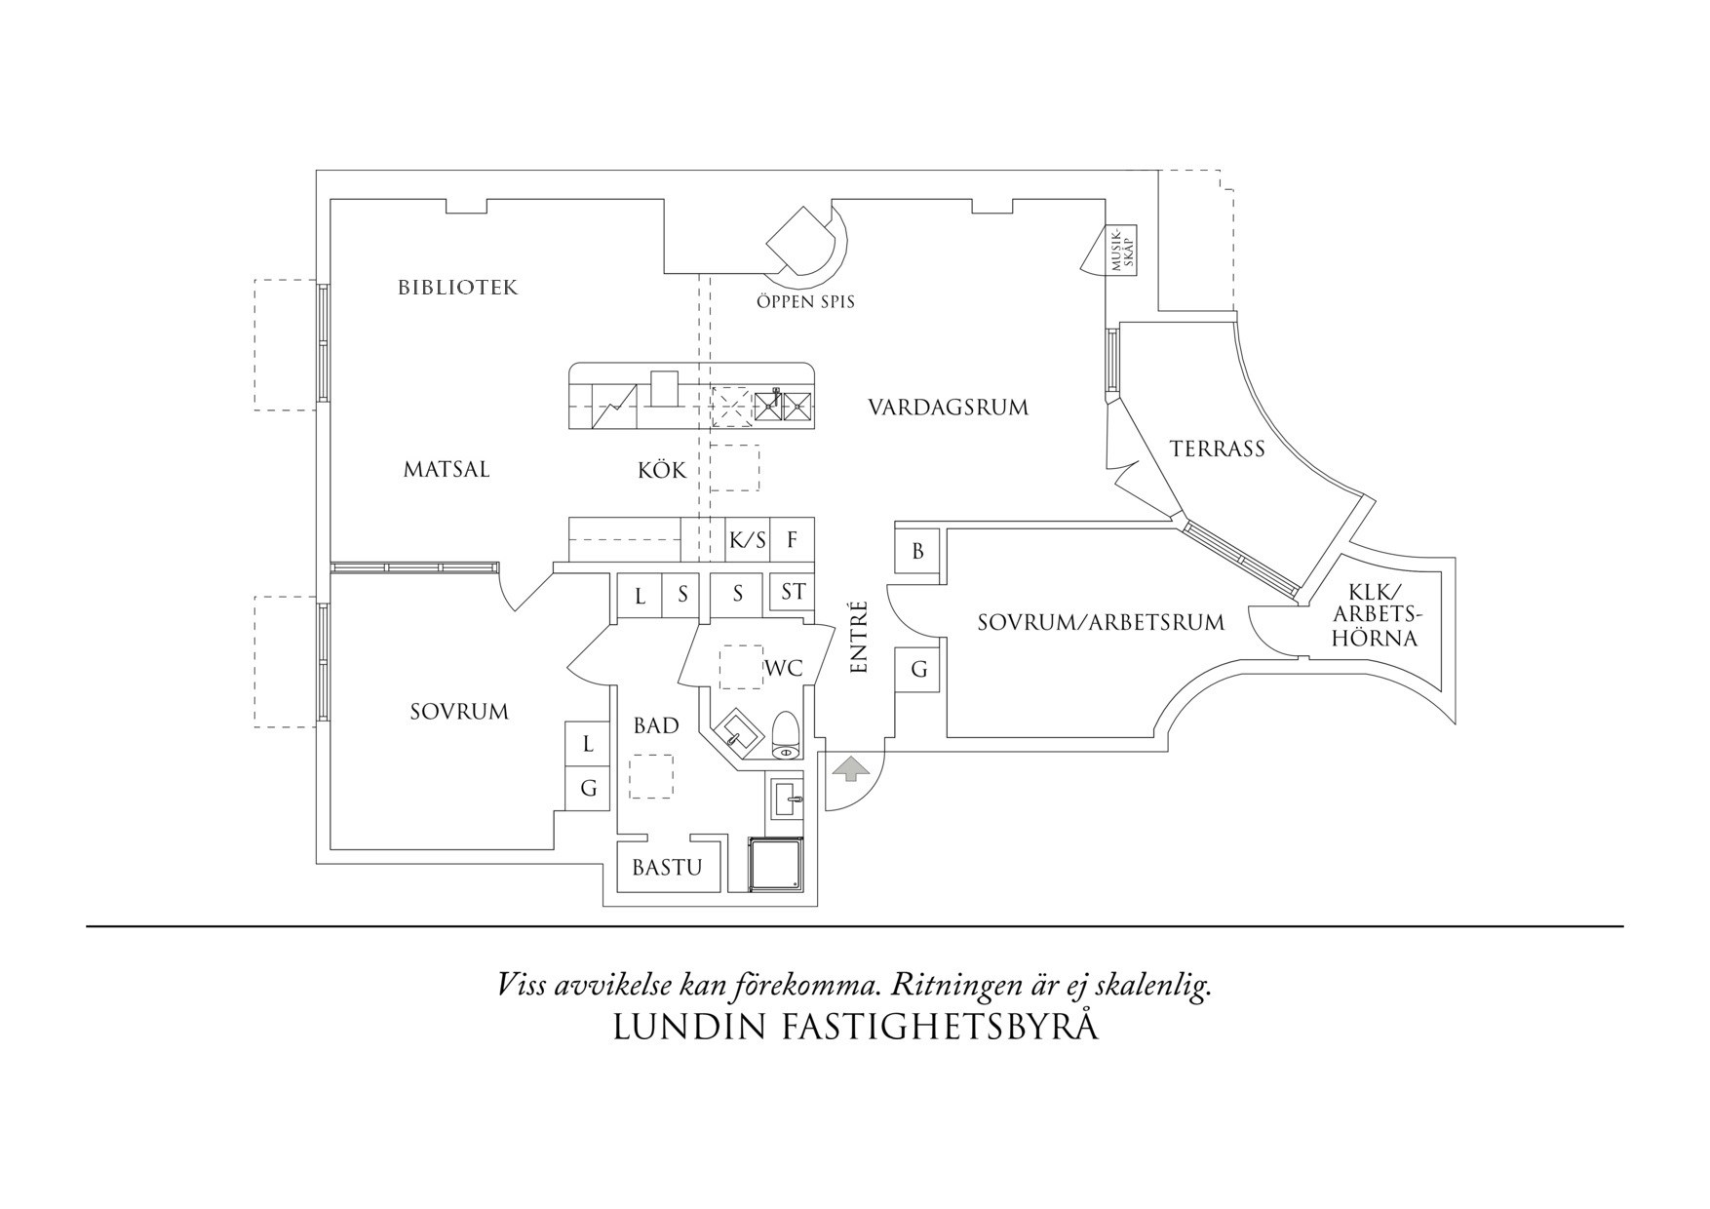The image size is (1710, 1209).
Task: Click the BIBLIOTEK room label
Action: [x=457, y=288]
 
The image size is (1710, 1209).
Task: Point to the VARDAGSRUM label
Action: [x=948, y=408]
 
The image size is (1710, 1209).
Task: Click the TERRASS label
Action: [x=1217, y=448]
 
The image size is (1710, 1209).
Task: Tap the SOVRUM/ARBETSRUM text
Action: [x=1101, y=622]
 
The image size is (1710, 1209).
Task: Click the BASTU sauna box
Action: [x=667, y=867]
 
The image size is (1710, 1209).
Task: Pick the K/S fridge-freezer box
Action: [x=748, y=540]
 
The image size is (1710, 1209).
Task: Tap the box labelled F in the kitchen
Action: [x=793, y=540]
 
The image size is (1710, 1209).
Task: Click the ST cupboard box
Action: [x=793, y=592]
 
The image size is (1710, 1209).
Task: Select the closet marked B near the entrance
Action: [x=917, y=552]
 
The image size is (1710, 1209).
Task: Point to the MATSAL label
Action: [x=447, y=470]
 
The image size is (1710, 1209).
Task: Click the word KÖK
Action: [x=662, y=471]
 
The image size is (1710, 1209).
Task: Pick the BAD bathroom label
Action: [x=656, y=726]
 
